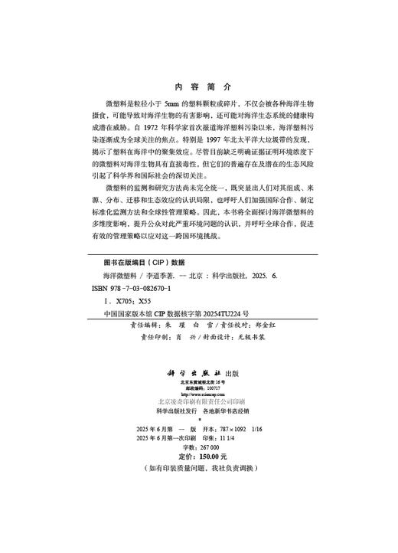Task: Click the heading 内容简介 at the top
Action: click(x=198, y=86)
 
